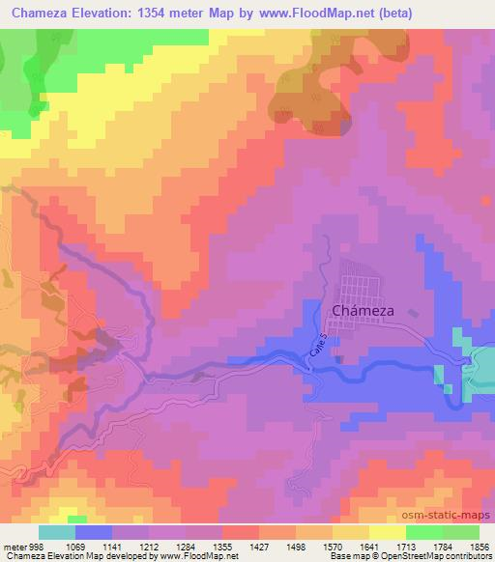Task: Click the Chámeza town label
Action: click(364, 312)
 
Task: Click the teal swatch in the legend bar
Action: click(57, 533)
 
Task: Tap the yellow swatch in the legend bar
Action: click(388, 533)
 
